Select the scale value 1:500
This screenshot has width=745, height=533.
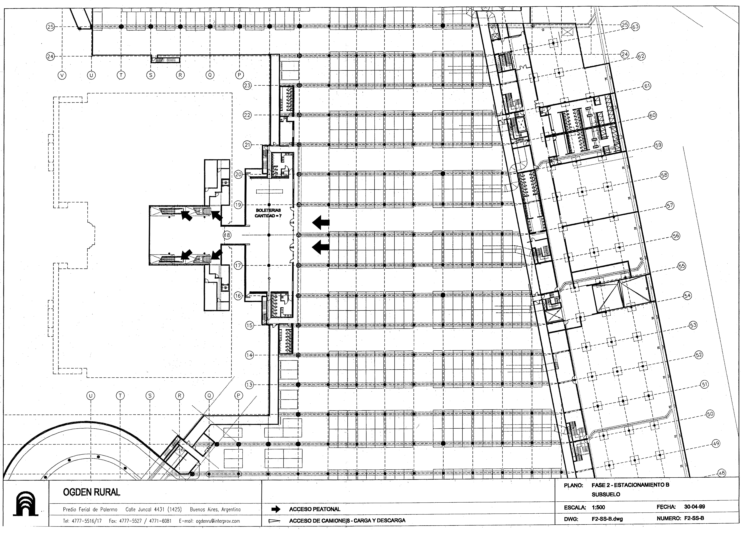tap(598, 507)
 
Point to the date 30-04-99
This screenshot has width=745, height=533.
tap(694, 506)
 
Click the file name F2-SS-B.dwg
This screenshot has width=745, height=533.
tap(607, 519)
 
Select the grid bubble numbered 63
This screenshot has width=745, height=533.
tap(635, 27)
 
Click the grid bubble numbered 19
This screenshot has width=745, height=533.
tap(238, 205)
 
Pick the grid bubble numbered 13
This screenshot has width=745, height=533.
tap(249, 385)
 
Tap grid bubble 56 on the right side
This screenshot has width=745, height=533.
tap(676, 236)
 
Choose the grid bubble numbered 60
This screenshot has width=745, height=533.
tap(652, 116)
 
